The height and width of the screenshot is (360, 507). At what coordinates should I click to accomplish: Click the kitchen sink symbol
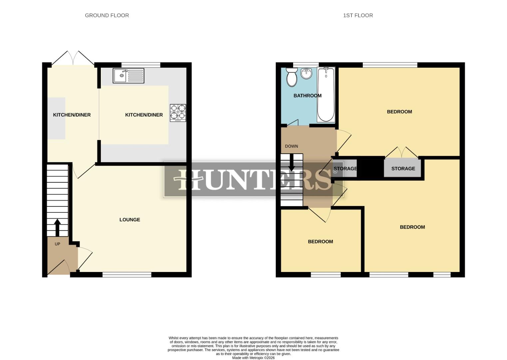128,76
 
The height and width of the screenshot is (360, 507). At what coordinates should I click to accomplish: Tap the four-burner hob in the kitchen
178,113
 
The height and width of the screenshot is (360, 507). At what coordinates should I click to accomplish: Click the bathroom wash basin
306,73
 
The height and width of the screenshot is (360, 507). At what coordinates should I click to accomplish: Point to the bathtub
326,95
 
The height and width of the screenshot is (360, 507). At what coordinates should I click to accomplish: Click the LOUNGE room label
130,220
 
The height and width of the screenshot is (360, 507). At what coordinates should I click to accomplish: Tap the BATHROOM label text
307,96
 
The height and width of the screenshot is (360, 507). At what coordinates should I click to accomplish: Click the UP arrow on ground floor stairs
57,227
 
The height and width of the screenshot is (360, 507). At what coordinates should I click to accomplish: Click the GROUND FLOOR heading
107,15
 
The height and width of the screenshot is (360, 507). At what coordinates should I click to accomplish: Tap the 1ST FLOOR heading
358,15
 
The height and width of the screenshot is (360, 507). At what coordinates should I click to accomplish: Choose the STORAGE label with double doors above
403,169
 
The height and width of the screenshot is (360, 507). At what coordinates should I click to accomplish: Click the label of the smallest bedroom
320,242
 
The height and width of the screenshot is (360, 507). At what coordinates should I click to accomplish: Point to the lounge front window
127,275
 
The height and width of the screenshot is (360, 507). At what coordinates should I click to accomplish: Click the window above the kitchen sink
141,65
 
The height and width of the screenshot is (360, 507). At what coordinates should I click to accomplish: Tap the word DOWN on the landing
291,146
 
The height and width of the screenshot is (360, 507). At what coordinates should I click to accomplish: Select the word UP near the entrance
57,244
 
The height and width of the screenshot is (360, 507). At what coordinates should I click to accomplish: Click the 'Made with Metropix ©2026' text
253,358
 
